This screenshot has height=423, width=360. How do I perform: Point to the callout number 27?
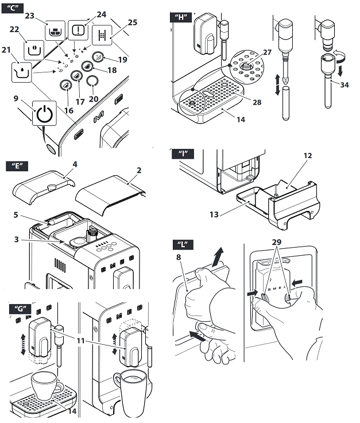[x=266, y=52]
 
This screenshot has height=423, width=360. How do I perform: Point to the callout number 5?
[x=17, y=216]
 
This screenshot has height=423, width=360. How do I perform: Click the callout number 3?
[x=17, y=238]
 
